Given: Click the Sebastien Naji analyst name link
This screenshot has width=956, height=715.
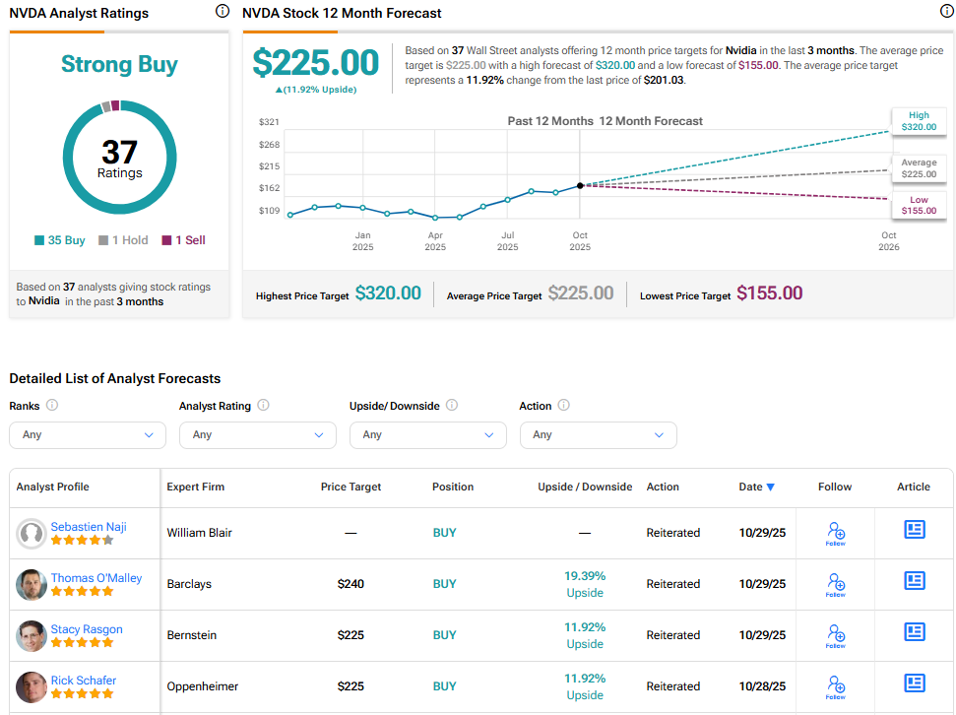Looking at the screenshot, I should [x=89, y=526].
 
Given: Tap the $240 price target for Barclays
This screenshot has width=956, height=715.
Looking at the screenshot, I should [x=351, y=584].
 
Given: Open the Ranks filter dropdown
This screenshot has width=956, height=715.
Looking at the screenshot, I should [x=88, y=434].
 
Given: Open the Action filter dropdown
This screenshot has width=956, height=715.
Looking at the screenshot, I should [x=598, y=434].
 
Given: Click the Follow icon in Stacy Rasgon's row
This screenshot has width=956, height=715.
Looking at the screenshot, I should [x=835, y=635].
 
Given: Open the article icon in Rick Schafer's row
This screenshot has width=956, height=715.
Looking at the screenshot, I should [x=915, y=682].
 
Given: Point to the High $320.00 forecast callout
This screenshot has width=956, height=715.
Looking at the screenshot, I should [x=918, y=121].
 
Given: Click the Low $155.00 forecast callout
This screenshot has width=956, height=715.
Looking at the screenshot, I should [x=918, y=205].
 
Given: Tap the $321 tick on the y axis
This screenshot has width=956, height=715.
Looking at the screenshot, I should [x=269, y=122].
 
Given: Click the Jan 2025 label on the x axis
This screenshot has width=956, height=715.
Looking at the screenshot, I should [x=362, y=241].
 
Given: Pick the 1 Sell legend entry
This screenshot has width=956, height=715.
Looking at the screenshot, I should [x=184, y=240].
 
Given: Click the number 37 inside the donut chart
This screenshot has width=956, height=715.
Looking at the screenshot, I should [x=119, y=152].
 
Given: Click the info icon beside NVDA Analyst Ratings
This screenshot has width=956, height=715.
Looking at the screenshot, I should [x=222, y=12].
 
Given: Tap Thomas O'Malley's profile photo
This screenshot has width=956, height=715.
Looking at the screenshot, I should [x=32, y=584].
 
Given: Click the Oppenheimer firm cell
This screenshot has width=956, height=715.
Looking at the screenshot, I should [x=203, y=686].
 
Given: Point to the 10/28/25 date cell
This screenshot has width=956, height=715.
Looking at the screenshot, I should [x=762, y=686].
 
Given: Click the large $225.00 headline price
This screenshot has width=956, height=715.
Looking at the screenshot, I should [x=315, y=63].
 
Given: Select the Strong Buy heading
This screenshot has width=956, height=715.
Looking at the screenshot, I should [x=119, y=65].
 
